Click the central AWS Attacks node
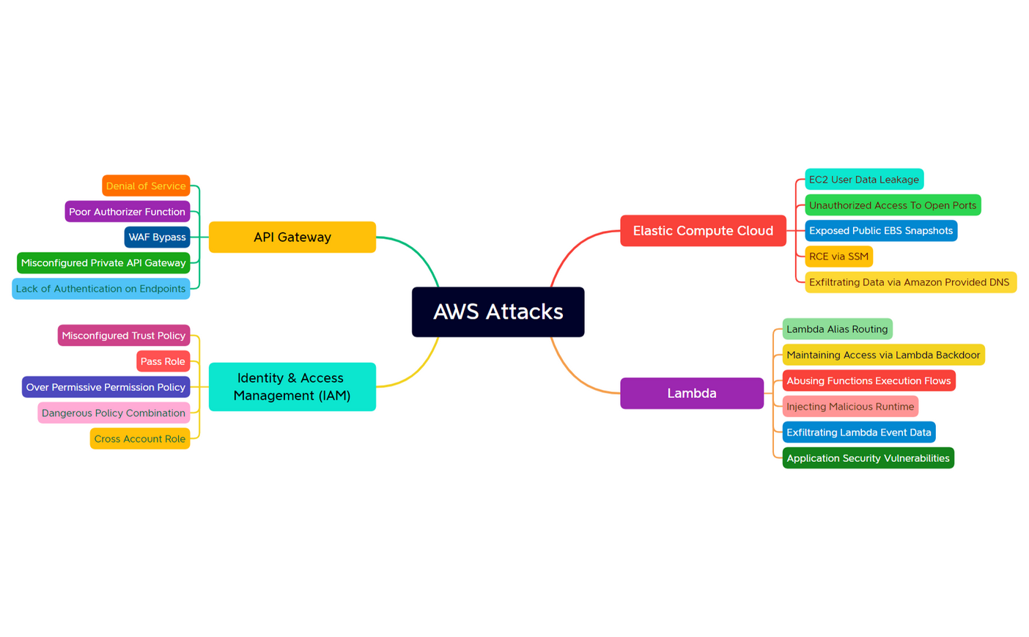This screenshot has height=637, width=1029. (498, 312)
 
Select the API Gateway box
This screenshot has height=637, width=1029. (292, 237)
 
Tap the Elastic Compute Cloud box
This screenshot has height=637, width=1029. (702, 230)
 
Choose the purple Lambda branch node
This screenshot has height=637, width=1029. (691, 393)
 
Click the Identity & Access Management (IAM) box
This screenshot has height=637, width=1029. (292, 386)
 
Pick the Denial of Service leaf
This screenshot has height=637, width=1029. (146, 185)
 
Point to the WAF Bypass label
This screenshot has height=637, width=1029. (157, 237)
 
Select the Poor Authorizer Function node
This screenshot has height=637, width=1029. (127, 211)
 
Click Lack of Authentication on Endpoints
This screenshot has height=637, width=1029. (100, 288)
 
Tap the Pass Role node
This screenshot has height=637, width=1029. (163, 361)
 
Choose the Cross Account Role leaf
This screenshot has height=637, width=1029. (139, 438)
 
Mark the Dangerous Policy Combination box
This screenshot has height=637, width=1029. (114, 413)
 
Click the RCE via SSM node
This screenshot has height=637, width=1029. (838, 256)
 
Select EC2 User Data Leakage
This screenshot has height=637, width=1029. (863, 179)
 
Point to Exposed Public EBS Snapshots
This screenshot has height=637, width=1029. (880, 230)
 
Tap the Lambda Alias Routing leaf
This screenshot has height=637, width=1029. (837, 328)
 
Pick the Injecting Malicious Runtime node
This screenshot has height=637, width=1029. (850, 406)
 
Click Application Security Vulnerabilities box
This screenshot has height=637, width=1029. (868, 457)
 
